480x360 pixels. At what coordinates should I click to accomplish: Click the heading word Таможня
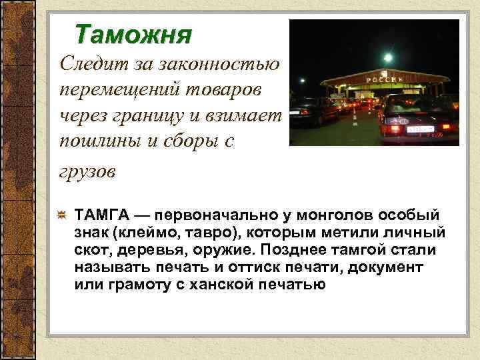click(133, 33)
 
